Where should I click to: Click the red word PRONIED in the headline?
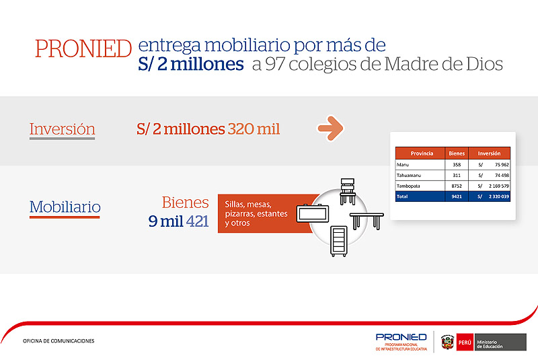83,48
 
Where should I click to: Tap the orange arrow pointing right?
330,129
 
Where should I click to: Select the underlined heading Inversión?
62,129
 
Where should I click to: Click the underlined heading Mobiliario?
65,207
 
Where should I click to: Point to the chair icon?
348,192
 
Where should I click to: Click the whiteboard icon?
312,213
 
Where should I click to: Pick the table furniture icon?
367,221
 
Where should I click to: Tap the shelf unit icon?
339,242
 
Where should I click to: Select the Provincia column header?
422,153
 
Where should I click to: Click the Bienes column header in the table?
457,153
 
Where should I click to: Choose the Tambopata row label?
408,186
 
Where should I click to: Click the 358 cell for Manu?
457,165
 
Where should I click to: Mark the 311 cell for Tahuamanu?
457,176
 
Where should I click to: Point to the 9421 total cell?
457,196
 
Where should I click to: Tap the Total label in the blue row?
402,196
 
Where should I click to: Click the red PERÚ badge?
465,342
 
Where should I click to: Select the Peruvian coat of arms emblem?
447,342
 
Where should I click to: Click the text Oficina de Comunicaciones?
59,340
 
